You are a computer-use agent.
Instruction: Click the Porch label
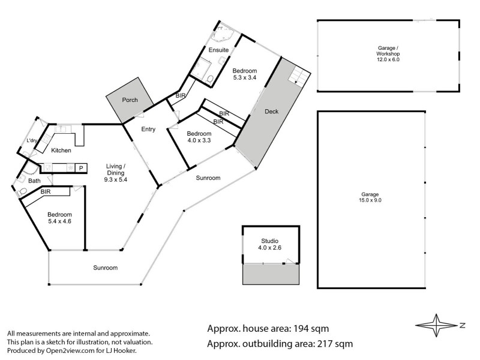[x=130, y=100]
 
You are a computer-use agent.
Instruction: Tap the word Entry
[x=148, y=129]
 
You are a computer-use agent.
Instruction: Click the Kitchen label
[x=61, y=150]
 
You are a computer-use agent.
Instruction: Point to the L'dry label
[x=32, y=141]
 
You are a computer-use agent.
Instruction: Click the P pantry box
[x=81, y=167]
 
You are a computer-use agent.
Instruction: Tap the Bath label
[x=34, y=181]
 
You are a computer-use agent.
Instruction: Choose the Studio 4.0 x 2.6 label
[x=270, y=244]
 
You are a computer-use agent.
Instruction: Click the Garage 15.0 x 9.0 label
[x=371, y=197]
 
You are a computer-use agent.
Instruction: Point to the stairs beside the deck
[x=298, y=76]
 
